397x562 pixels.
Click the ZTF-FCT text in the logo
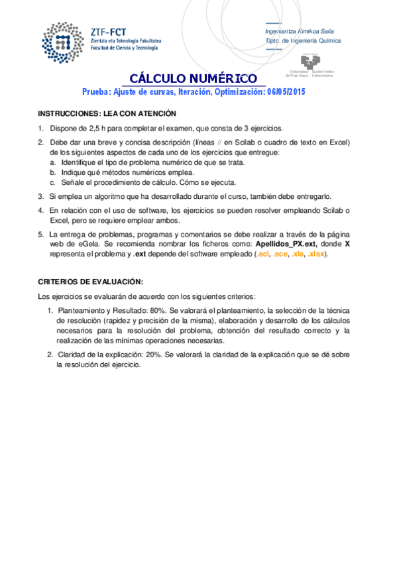[109, 30]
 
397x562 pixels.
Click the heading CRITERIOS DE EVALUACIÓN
[90, 281]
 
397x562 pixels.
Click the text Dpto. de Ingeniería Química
[303, 40]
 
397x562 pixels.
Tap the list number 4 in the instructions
[40, 210]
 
